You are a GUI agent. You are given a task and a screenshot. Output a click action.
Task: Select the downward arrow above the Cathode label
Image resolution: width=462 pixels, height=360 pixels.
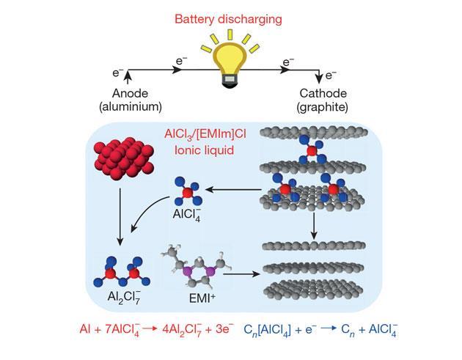[318, 76]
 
